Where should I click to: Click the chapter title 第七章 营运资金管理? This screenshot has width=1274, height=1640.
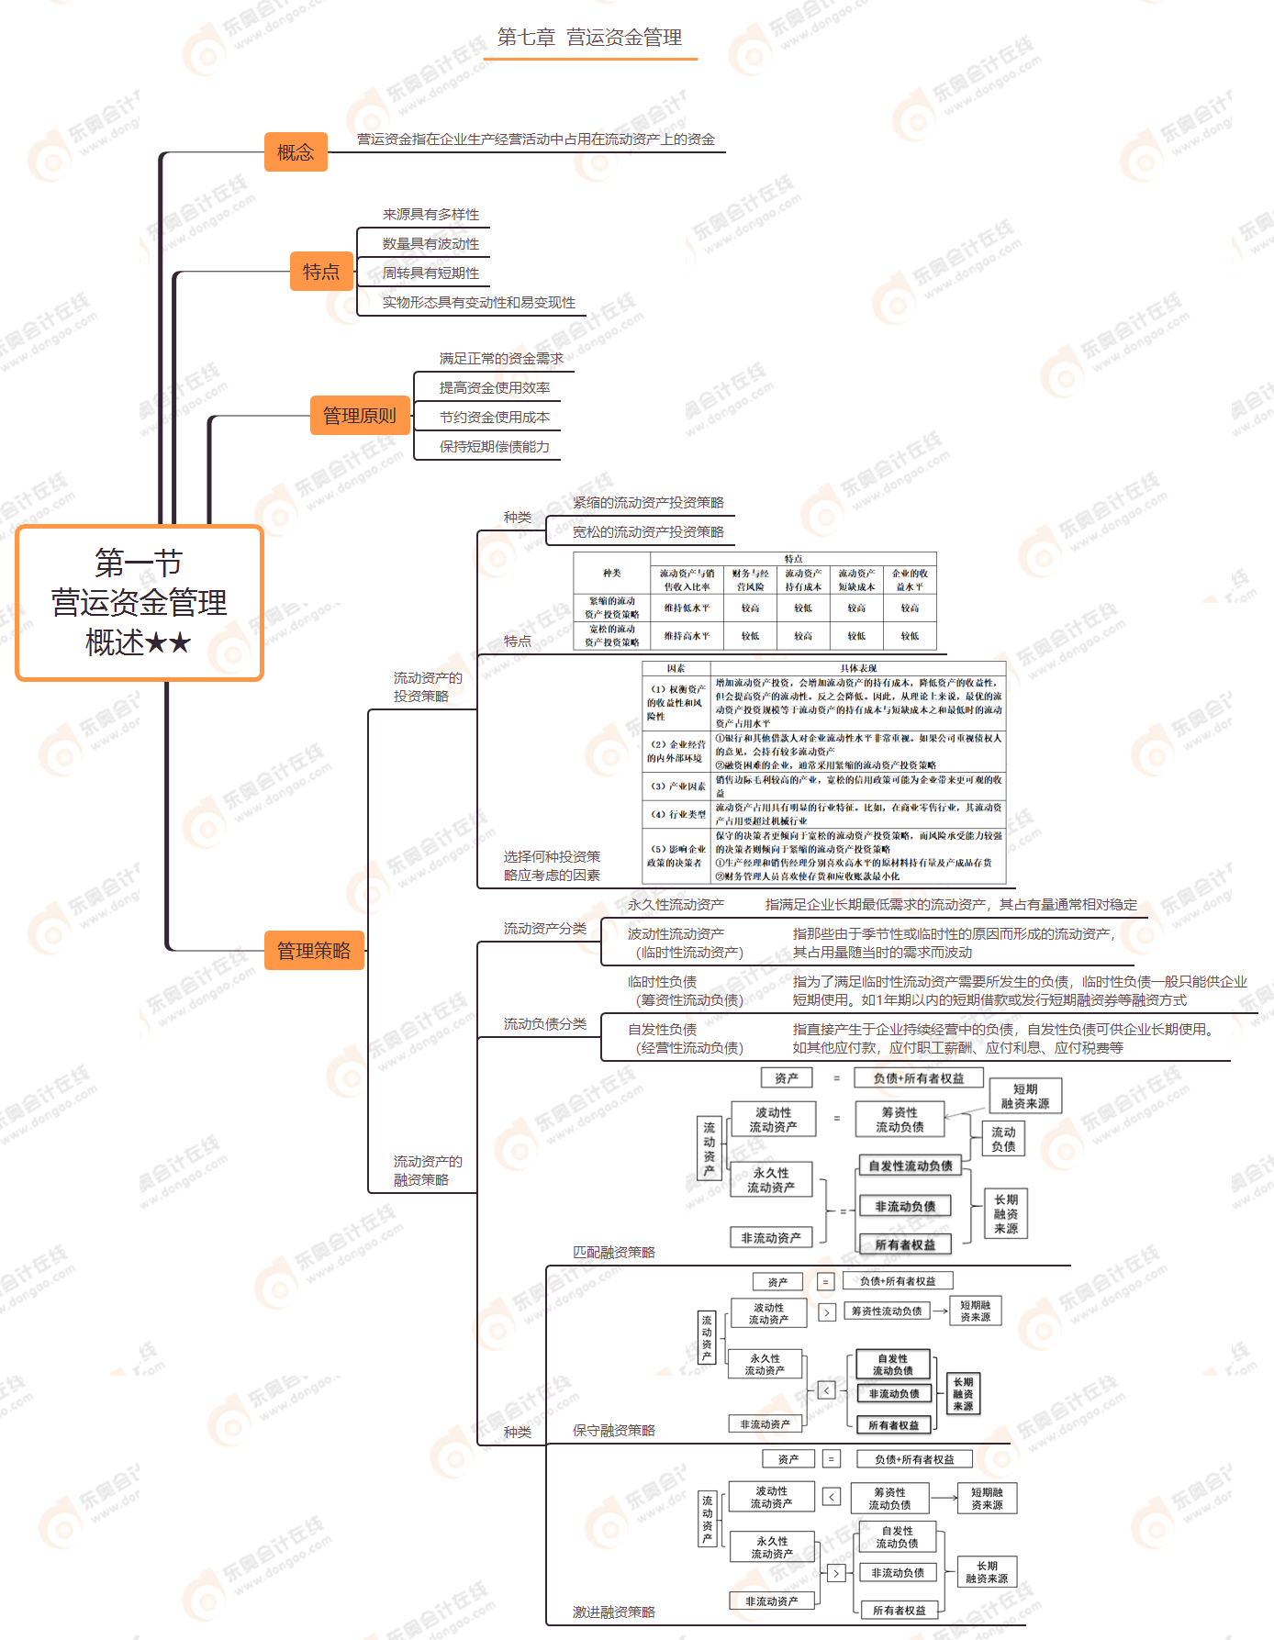(589, 38)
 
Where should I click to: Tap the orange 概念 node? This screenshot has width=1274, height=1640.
(296, 152)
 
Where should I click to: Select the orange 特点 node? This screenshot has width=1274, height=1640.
(321, 272)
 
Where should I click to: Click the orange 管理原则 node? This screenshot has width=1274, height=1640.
(359, 416)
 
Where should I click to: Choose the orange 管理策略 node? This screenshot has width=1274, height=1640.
(314, 951)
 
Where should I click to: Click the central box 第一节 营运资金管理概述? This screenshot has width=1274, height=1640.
(140, 603)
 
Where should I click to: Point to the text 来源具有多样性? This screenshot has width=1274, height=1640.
(430, 215)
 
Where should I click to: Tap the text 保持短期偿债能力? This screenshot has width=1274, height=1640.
(494, 447)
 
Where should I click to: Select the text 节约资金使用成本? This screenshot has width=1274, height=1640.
(494, 418)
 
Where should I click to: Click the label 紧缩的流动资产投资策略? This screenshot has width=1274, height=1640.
(648, 503)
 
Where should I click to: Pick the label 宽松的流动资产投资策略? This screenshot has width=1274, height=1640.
(648, 532)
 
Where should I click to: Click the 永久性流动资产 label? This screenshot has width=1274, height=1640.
(676, 905)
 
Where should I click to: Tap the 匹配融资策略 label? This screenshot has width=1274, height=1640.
(614, 1253)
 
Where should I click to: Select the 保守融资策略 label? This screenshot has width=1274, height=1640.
(614, 1431)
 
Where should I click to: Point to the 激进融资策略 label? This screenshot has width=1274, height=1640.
(614, 1612)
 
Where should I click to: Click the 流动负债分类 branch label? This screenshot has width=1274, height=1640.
(544, 1024)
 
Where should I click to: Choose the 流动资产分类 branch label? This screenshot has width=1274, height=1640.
(544, 929)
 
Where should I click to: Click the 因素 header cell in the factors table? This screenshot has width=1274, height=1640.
(676, 668)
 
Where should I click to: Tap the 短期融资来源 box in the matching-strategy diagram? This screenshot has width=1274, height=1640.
(1025, 1096)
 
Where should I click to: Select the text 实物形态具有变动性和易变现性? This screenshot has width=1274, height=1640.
(478, 303)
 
